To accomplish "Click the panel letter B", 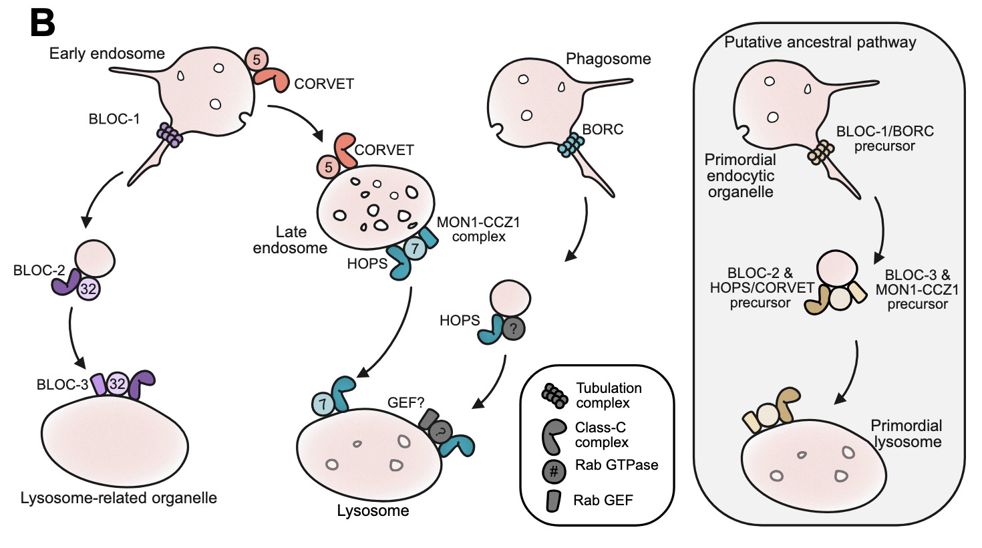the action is coord(43,23).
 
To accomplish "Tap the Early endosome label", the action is coord(107,53).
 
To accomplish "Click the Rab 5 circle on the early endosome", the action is coord(257,59).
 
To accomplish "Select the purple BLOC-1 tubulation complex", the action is coord(170,134).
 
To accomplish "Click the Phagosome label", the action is coord(609,59).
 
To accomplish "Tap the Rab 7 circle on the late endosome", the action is coord(415,249).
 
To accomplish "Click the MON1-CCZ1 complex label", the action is coord(478,229).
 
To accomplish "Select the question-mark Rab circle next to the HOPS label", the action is coord(513,328).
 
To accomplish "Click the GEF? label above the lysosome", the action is coord(405,402).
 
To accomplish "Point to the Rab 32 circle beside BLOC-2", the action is coord(89,289).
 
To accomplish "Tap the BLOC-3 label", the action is coord(62,384).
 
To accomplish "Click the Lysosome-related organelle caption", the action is coord(119,498).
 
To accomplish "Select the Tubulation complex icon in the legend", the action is coord(555,396).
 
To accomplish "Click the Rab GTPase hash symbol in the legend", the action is coord(554,472).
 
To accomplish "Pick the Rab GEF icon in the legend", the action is coord(553,501).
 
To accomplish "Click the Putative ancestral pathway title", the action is coord(820,42).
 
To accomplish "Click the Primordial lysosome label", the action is coord(906,434).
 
